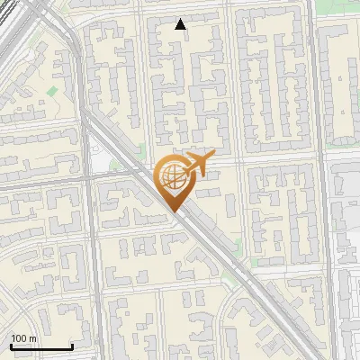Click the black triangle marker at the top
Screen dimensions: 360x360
tap(181, 24)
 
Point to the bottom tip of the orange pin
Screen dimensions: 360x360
tap(173, 212)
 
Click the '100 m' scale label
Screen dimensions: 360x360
tap(23, 338)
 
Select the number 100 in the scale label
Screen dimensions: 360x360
tap(19, 338)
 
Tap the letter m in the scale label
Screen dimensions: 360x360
tap(32, 338)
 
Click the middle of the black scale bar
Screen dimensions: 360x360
tap(40, 346)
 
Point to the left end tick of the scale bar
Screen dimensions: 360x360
tap(10, 345)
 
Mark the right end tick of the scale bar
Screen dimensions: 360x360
tap(71, 345)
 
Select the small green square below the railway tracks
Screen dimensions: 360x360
tap(52, 91)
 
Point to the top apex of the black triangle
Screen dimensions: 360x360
tap(181, 19)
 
